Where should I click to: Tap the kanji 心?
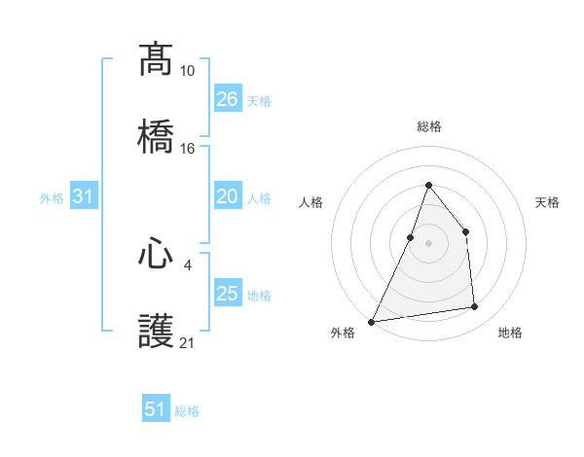point(156,255)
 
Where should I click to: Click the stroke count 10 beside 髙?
point(187,71)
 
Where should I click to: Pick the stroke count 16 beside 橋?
point(187,149)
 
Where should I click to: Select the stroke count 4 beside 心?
point(187,263)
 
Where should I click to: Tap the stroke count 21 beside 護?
point(187,342)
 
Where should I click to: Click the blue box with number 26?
point(228,98)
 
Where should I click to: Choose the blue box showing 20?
point(228,196)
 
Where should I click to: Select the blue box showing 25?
point(228,293)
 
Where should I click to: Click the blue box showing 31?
point(84,196)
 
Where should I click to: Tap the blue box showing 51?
point(156,409)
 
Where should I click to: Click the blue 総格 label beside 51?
point(187,411)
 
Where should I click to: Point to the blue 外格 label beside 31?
point(52,198)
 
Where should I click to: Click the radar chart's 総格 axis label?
point(428,126)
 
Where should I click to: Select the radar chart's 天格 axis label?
point(547,202)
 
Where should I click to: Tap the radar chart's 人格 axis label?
point(310,202)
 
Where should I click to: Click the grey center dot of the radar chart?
point(428,242)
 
